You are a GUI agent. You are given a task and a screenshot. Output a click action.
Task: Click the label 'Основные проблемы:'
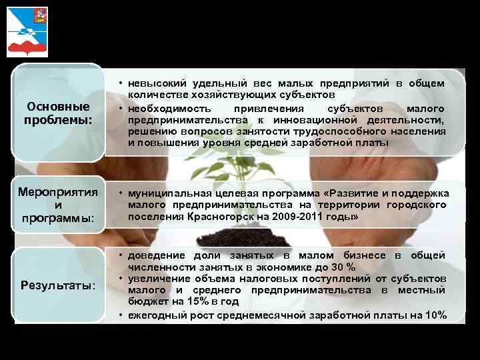pos(57,113)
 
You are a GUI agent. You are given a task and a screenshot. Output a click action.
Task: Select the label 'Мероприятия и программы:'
pos(57,205)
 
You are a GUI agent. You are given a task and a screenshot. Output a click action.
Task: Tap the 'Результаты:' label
pos(59,285)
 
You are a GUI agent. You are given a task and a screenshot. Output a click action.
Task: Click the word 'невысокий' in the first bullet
pos(155,83)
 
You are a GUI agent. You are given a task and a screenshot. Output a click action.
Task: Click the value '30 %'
pos(342,267)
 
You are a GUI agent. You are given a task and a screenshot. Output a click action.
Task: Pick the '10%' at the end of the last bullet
pos(435,315)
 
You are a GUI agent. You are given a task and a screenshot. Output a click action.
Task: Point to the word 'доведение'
pos(156,255)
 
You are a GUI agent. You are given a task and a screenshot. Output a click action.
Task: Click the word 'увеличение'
pos(159,278)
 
